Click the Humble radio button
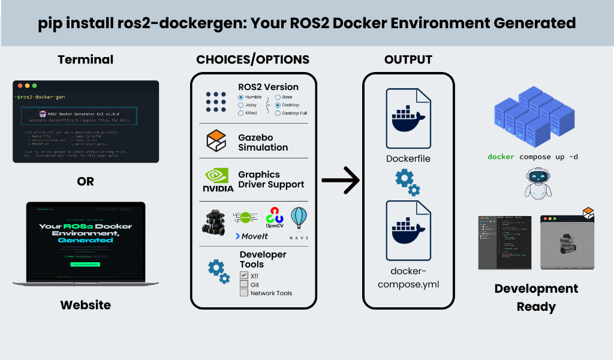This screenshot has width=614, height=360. coord(241,97)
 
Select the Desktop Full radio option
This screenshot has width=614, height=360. coord(278,113)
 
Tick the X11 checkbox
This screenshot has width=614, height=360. coord(244,275)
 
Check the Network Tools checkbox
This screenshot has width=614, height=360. coord(244,293)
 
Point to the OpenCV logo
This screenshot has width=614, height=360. coord(275,218)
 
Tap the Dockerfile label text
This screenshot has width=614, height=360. coord(408,159)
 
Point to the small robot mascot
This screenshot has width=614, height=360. coord(537,182)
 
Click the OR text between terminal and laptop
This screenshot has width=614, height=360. coord(86,181)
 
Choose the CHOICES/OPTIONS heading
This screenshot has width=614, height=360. coord(252,59)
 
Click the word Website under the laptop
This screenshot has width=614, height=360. coord(86,305)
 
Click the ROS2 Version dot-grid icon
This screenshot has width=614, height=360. coord(216,102)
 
